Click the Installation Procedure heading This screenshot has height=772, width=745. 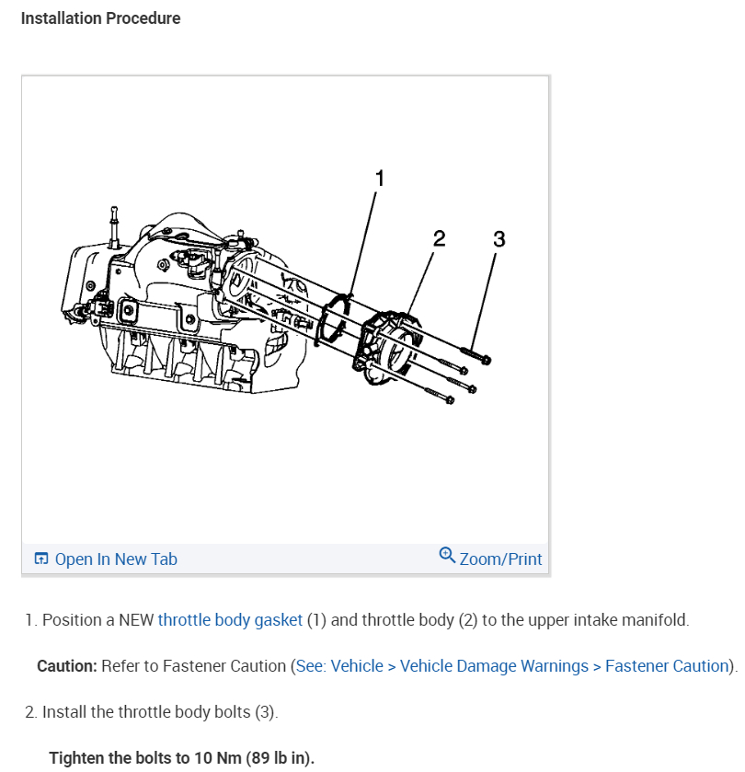pyautogui.click(x=100, y=18)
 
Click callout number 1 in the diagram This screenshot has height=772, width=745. pyautogui.click(x=379, y=179)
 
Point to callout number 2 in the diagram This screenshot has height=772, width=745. pyautogui.click(x=439, y=239)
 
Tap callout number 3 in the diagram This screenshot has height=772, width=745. pyautogui.click(x=499, y=239)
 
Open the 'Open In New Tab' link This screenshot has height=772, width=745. pyautogui.click(x=116, y=559)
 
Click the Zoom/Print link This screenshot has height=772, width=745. pyautogui.click(x=500, y=559)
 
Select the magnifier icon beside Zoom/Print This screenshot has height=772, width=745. pyautogui.click(x=448, y=555)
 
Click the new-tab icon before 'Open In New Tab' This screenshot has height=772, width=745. pyautogui.click(x=40, y=559)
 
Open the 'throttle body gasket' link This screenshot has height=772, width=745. pyautogui.click(x=230, y=620)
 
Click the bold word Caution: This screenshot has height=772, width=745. pyautogui.click(x=67, y=666)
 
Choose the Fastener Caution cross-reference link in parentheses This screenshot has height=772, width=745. pyautogui.click(x=513, y=666)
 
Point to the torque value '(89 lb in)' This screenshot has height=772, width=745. pyautogui.click(x=280, y=758)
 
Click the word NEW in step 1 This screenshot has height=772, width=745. pyautogui.click(x=136, y=620)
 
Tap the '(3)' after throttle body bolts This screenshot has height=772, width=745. pyautogui.click(x=265, y=712)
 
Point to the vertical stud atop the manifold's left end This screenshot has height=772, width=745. pyautogui.click(x=114, y=225)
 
